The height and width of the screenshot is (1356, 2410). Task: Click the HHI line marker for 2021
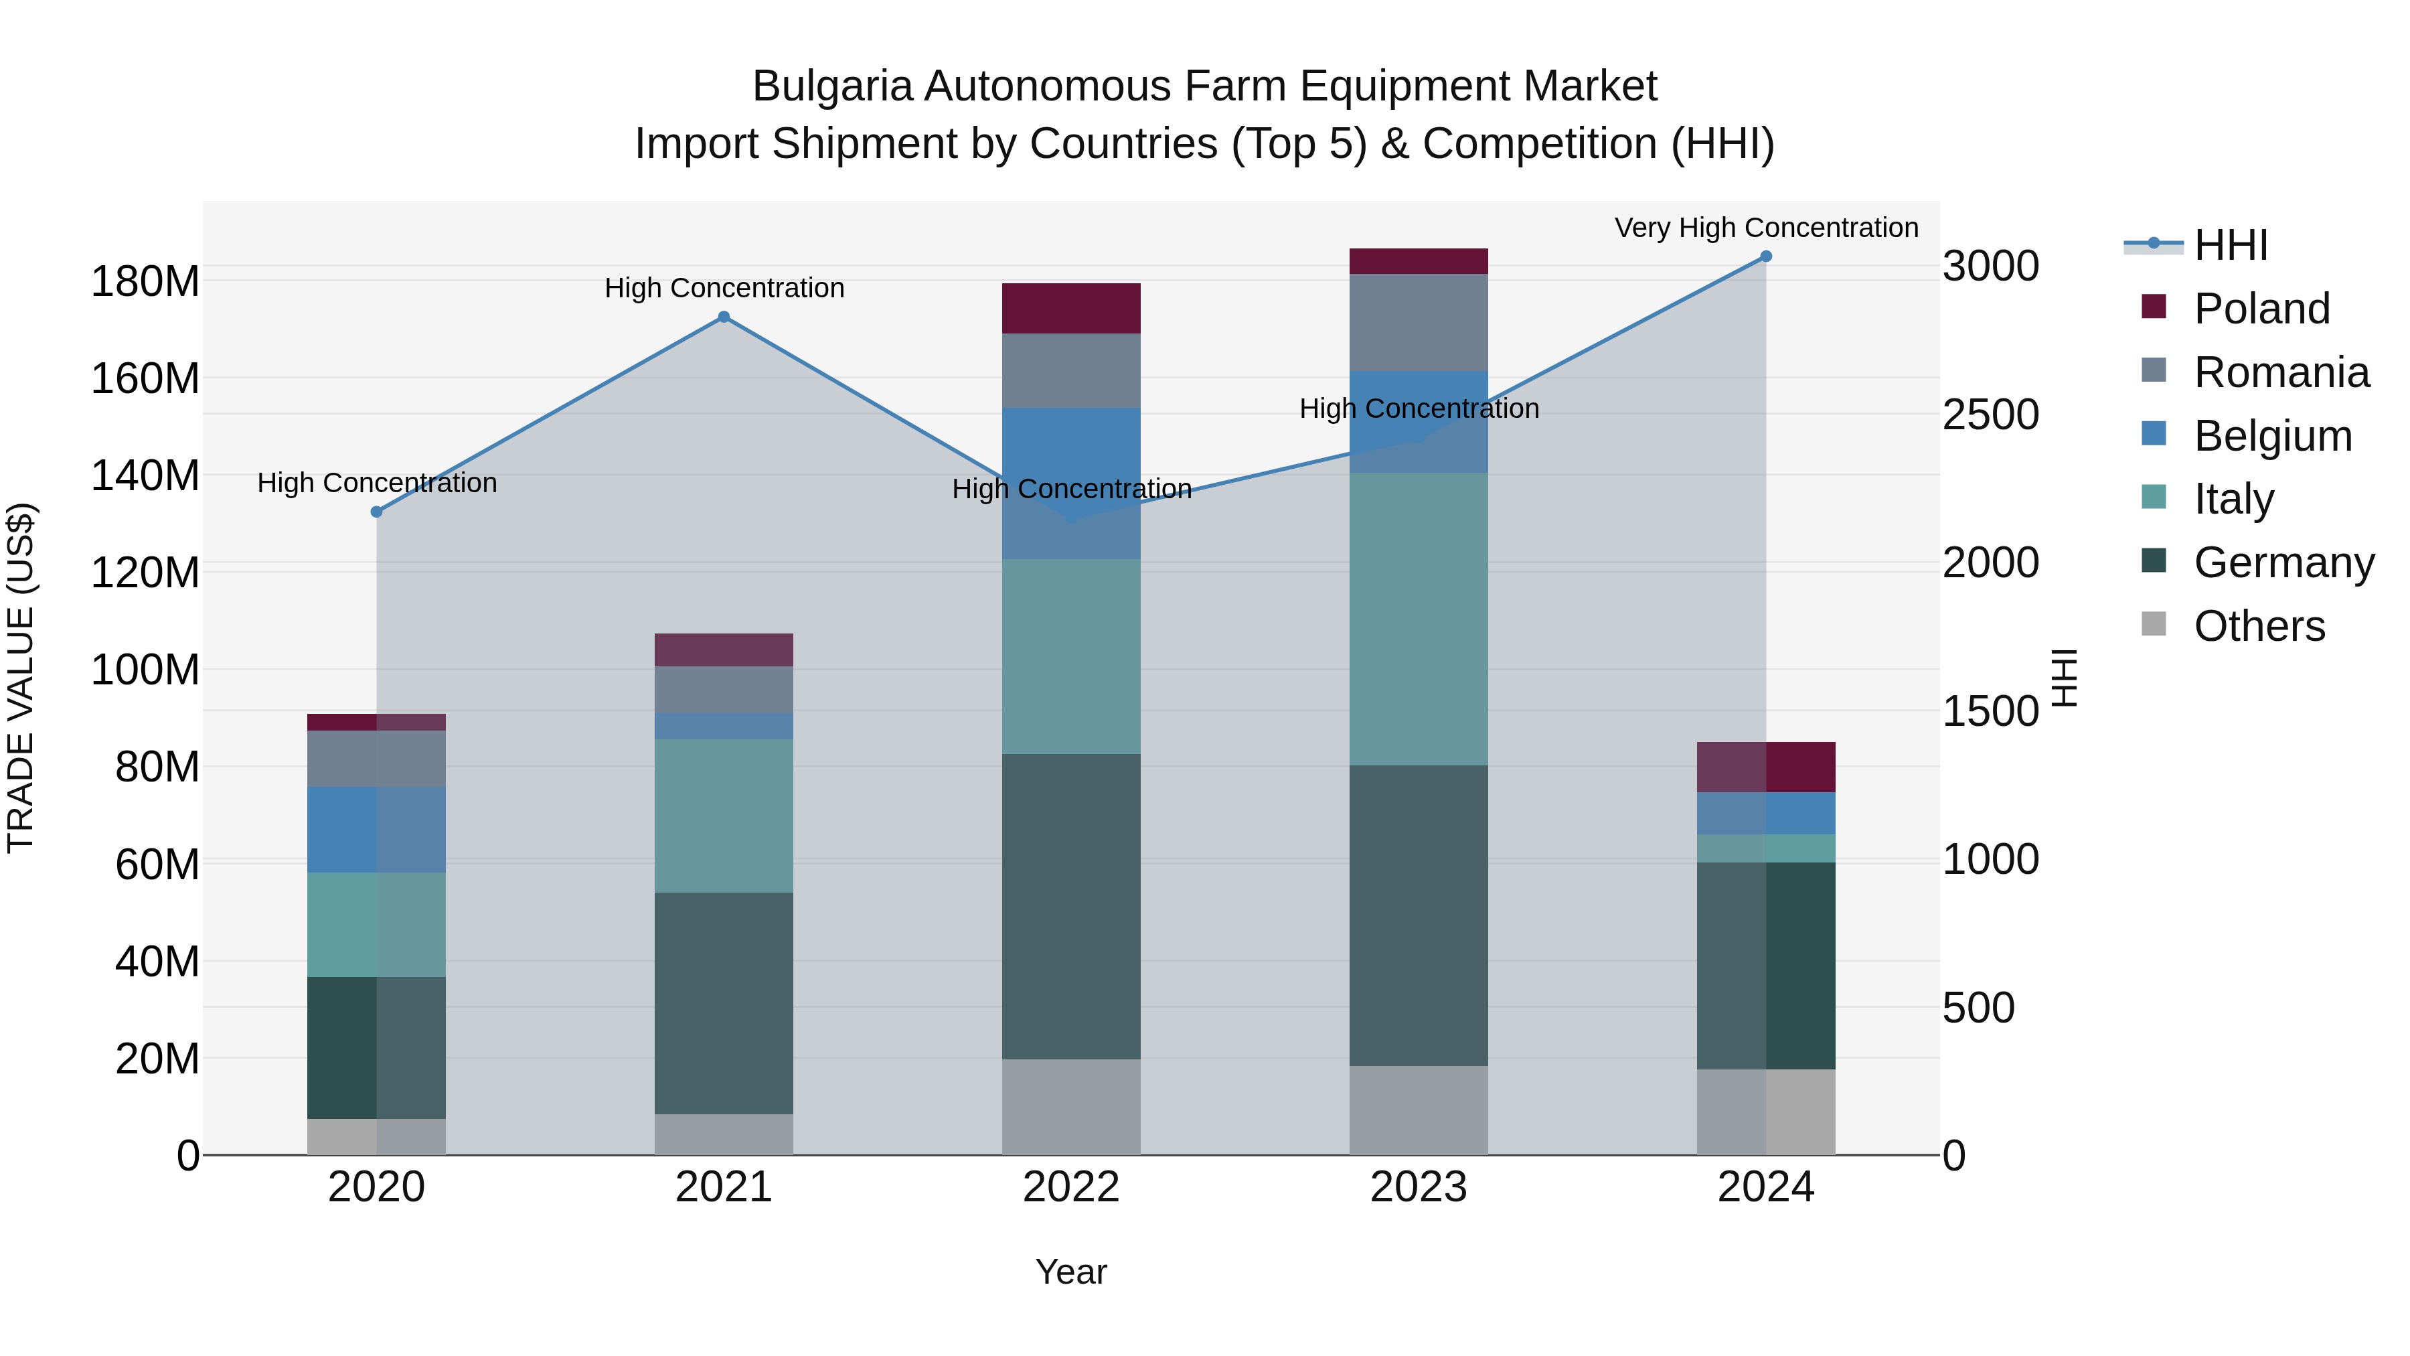(x=723, y=317)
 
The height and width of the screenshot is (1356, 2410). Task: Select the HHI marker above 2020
(x=376, y=512)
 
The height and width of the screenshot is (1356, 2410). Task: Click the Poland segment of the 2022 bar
(x=1071, y=308)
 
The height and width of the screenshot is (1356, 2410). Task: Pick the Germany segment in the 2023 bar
(x=1419, y=915)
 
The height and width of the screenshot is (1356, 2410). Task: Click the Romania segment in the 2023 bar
(x=1419, y=322)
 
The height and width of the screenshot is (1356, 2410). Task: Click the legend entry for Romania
(x=2281, y=372)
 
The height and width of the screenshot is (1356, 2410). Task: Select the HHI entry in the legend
(x=2231, y=245)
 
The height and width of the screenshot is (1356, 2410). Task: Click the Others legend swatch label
(x=2259, y=626)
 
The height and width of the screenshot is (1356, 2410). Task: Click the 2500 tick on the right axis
(x=1991, y=415)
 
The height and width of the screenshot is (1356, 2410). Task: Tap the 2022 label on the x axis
(x=1071, y=1187)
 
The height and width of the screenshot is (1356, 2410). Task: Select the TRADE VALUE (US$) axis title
(x=21, y=678)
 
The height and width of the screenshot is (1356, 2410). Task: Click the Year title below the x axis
(x=1071, y=1272)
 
